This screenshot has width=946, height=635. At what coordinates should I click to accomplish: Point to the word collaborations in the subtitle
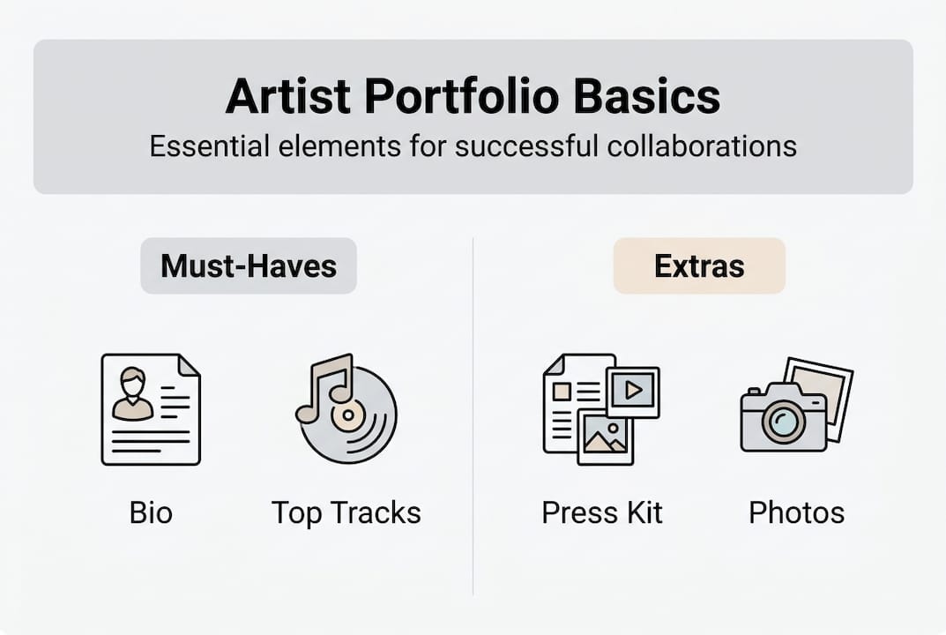pos(702,146)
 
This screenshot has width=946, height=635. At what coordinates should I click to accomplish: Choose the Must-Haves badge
pos(249,265)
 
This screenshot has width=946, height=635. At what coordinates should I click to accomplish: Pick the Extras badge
pos(699,265)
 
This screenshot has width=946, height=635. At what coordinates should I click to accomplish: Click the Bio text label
pos(151,512)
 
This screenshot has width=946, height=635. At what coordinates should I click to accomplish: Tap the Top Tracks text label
pos(346,512)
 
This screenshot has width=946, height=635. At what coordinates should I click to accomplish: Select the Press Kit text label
pos(602,512)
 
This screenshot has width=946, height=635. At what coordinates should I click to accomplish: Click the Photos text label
pos(796,512)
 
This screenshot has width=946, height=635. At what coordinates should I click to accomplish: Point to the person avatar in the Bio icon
pos(133,392)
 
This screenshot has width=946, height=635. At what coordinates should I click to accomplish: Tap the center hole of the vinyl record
pos(349,414)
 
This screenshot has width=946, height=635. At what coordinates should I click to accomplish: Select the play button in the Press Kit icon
pos(632,389)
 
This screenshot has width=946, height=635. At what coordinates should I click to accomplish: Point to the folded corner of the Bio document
pos(189,365)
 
